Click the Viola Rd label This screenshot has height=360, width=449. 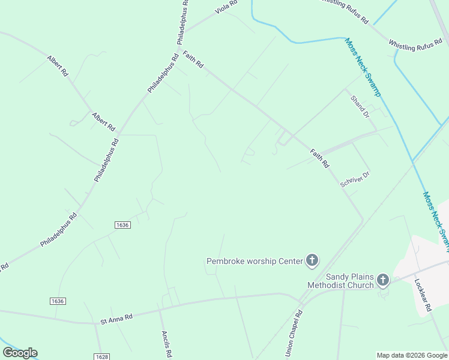coord(226,8)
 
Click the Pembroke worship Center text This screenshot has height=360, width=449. coord(255,261)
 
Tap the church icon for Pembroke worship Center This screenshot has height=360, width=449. coord(312,260)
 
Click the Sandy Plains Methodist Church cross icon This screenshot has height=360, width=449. coord(382,280)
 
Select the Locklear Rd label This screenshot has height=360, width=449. coord(424,294)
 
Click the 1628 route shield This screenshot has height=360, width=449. coord(101,356)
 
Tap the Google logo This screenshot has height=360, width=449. coord(20,353)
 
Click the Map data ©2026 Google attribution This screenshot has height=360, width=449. coord(412,355)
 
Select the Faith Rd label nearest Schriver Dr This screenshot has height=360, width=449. coord(320,158)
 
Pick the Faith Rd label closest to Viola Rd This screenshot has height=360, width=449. coord(193,59)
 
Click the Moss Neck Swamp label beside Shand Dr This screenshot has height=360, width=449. coord(363,67)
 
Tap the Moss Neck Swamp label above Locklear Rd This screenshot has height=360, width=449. coord(436,218)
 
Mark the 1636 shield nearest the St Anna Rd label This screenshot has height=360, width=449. coord(58,301)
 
